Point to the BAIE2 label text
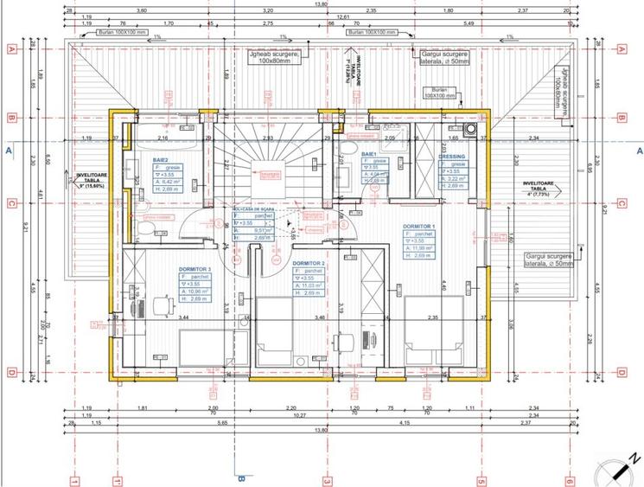tap(161, 160)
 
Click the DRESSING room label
tap(451, 157)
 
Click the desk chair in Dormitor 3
tap(162, 306)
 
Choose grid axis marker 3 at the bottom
tap(327, 481)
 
